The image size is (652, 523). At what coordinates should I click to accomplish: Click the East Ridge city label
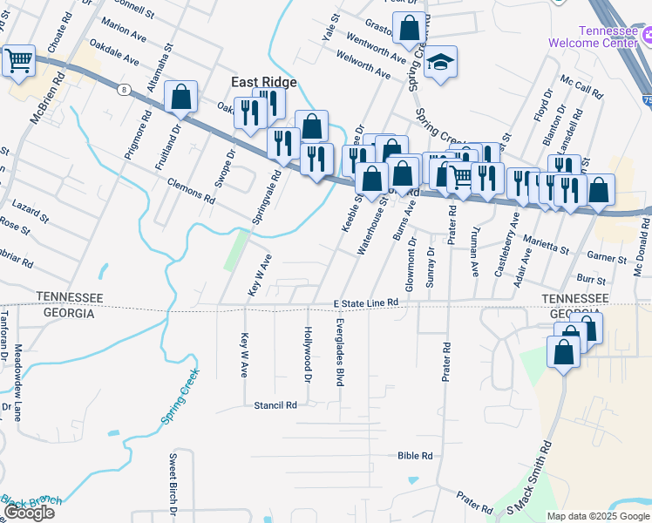[263, 82]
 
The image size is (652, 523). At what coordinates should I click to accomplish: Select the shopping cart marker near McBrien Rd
[17, 61]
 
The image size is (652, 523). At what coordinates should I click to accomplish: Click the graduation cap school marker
[441, 61]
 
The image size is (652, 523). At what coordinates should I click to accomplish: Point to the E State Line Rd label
[366, 302]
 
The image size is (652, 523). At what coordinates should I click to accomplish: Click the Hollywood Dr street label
[307, 355]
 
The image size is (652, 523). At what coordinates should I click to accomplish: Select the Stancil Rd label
[275, 405]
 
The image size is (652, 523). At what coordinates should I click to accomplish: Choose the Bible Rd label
[415, 455]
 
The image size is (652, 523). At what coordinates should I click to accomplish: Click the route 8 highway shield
[125, 89]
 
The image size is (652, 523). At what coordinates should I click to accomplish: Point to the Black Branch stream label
[31, 500]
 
